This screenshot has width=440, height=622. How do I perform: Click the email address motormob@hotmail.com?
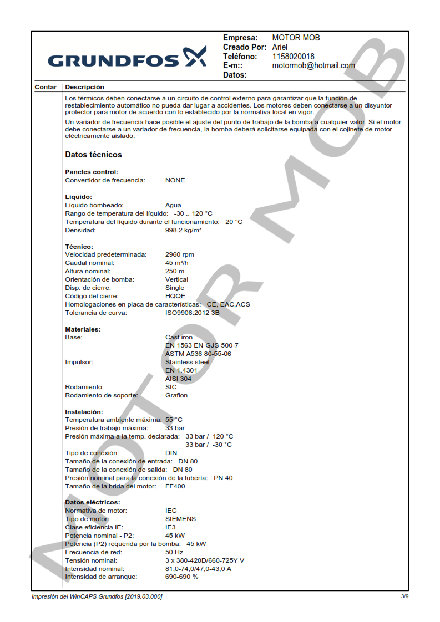pos(313,65)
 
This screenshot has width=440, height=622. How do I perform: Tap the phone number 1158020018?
pos(293,57)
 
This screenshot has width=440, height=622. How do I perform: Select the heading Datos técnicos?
pos(93,155)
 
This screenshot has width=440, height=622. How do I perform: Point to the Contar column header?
pos(45,87)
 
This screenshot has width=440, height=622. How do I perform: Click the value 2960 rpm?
pos(180,254)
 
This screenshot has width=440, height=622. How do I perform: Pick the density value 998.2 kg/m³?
pos(183,230)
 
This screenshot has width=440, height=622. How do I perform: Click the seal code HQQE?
pos(175,296)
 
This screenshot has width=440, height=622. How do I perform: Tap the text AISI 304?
pos(178,379)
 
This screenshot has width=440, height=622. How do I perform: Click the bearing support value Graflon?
pos(176,395)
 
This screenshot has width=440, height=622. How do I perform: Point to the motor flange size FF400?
pos(175,486)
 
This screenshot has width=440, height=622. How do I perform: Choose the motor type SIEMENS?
pos(180,519)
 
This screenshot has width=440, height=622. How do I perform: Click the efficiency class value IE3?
pos(170,527)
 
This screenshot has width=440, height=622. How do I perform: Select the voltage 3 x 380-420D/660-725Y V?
pos(205,560)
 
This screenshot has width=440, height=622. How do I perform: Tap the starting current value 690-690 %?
pos(181,577)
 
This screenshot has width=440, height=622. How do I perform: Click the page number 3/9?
pos(404,596)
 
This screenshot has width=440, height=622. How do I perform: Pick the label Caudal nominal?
pos(90,263)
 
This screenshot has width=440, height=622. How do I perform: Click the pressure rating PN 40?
pos(223,478)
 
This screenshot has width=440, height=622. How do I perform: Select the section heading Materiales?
pos(83,329)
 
